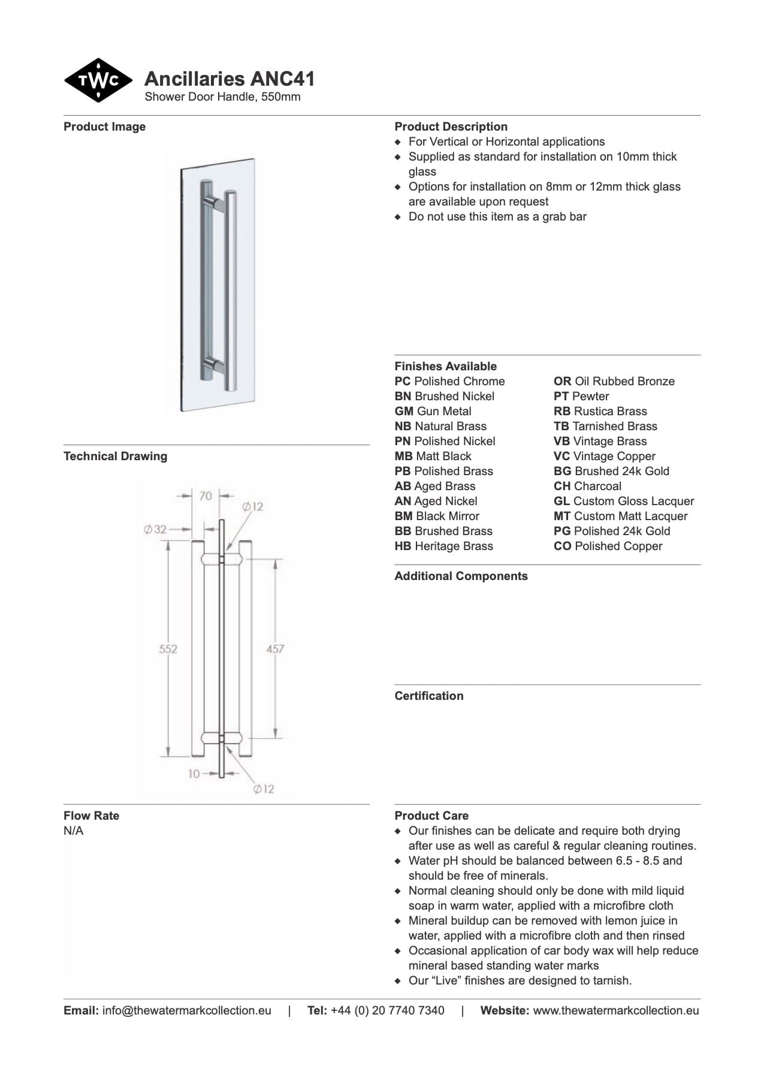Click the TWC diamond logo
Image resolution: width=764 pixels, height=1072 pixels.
point(98,80)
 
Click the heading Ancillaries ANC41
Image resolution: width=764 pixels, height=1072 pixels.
point(229,78)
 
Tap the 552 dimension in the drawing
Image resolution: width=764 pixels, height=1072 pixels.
point(168,649)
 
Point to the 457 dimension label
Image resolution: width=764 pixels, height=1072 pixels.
point(275,649)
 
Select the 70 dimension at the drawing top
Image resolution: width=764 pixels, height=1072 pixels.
point(206,496)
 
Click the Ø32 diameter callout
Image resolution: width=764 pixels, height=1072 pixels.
point(155,529)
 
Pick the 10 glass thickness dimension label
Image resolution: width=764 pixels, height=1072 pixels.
point(194,774)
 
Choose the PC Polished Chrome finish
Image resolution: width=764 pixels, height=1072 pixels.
point(449,381)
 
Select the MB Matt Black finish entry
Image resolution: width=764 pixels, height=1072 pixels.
point(433,456)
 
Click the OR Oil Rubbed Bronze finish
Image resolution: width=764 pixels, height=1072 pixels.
point(614,381)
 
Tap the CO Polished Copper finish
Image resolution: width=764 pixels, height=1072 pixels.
point(608,546)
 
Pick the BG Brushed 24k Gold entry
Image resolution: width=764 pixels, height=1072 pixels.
point(611,471)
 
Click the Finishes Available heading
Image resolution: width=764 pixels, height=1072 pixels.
point(445,366)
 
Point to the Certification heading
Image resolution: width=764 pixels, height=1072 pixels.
point(428,696)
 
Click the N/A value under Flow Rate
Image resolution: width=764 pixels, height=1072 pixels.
point(74,831)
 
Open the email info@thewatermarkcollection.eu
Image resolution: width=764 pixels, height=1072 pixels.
point(186,1010)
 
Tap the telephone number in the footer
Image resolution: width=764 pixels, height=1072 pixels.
point(387,1010)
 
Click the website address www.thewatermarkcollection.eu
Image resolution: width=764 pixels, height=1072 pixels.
point(615,1010)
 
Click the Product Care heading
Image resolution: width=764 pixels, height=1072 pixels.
point(431,816)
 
